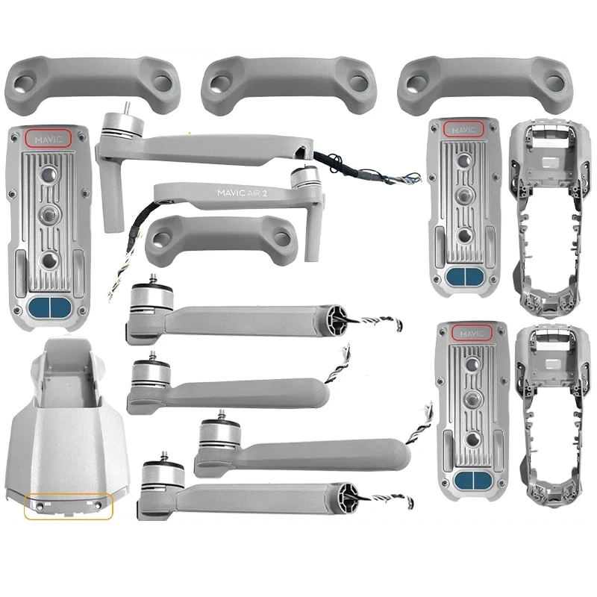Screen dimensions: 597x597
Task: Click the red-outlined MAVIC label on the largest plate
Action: [x=47, y=138]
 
